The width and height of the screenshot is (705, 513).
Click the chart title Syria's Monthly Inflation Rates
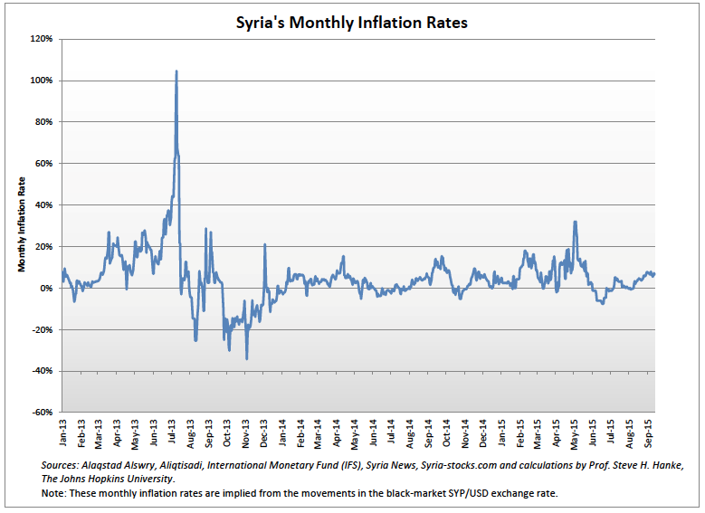click(352, 24)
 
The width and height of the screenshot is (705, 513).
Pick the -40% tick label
click(43, 371)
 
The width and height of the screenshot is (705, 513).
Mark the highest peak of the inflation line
click(176, 71)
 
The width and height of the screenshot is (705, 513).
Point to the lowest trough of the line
click(247, 359)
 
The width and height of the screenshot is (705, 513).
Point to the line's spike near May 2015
click(575, 222)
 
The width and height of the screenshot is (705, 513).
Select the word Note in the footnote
click(55, 495)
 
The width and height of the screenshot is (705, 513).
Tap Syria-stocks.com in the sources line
click(460, 464)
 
